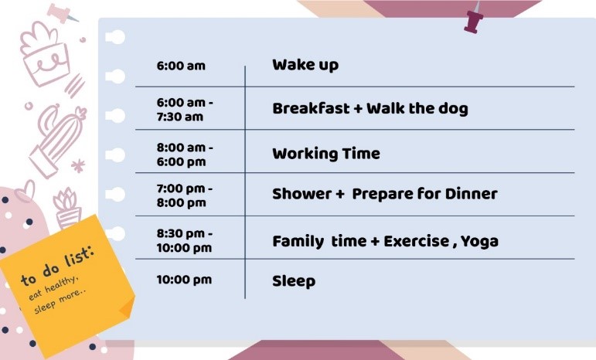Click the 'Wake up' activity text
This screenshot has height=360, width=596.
[x=305, y=65]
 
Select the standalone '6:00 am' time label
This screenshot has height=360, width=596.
[x=181, y=66]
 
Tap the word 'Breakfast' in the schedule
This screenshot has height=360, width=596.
[x=311, y=109]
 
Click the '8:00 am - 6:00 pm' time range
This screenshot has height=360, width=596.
[x=185, y=155]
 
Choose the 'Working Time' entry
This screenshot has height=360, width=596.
[x=326, y=154]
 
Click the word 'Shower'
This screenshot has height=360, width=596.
[x=301, y=194]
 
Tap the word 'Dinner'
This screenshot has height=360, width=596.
[x=471, y=194]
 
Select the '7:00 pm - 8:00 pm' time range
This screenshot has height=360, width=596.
[x=185, y=195]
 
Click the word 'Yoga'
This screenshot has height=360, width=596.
[x=479, y=242]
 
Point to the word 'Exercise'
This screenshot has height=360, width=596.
[x=416, y=242]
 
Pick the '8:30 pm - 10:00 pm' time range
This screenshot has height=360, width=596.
[x=185, y=240]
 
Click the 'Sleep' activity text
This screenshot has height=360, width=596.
[x=294, y=282]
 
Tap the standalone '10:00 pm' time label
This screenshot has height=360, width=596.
[x=184, y=280]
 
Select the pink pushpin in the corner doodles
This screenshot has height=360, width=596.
[x=61, y=12]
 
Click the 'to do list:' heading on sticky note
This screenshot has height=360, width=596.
[x=57, y=267]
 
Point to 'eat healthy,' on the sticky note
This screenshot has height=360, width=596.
[x=54, y=288]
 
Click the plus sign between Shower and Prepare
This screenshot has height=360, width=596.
[x=340, y=195]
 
